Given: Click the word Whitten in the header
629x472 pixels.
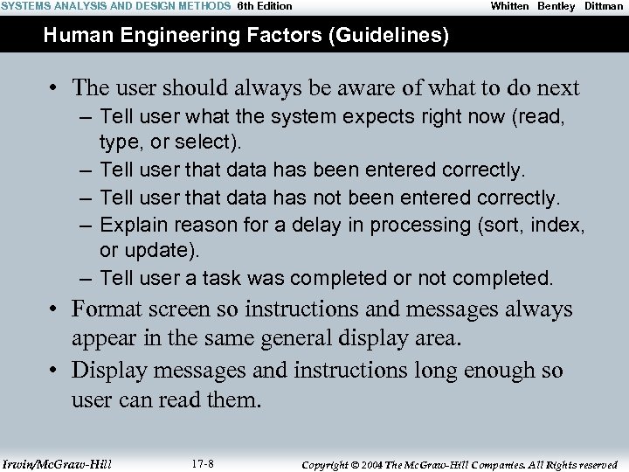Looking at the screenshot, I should pos(509,6).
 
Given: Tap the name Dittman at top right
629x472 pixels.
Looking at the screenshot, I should pos(604,6).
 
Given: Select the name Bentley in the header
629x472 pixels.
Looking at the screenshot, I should pos(556,6).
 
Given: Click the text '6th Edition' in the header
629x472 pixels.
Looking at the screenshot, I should pos(265,6).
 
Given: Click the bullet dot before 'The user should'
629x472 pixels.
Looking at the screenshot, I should pos(54,88).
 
